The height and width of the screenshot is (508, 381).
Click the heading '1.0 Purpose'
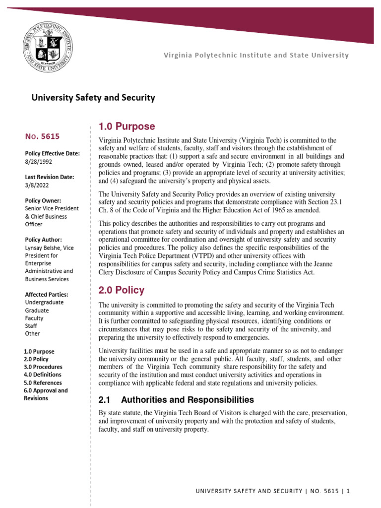point(127,127)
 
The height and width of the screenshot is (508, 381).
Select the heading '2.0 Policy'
point(122,290)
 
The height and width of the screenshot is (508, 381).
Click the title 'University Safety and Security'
point(93,98)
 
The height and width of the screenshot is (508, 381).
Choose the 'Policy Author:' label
point(43,240)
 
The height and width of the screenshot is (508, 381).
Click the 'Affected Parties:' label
point(47,294)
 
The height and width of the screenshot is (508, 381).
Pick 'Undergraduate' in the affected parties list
point(44,302)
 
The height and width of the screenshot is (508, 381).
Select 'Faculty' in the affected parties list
point(34,318)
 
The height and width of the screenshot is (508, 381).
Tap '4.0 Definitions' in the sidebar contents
point(43,375)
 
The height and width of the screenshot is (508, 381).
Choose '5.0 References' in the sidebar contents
point(43,382)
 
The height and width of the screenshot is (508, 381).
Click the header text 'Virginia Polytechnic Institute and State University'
point(256,55)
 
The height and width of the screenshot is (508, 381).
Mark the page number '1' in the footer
point(348,491)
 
